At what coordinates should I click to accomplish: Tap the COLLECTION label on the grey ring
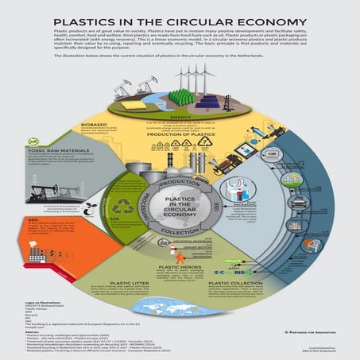[179, 231]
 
